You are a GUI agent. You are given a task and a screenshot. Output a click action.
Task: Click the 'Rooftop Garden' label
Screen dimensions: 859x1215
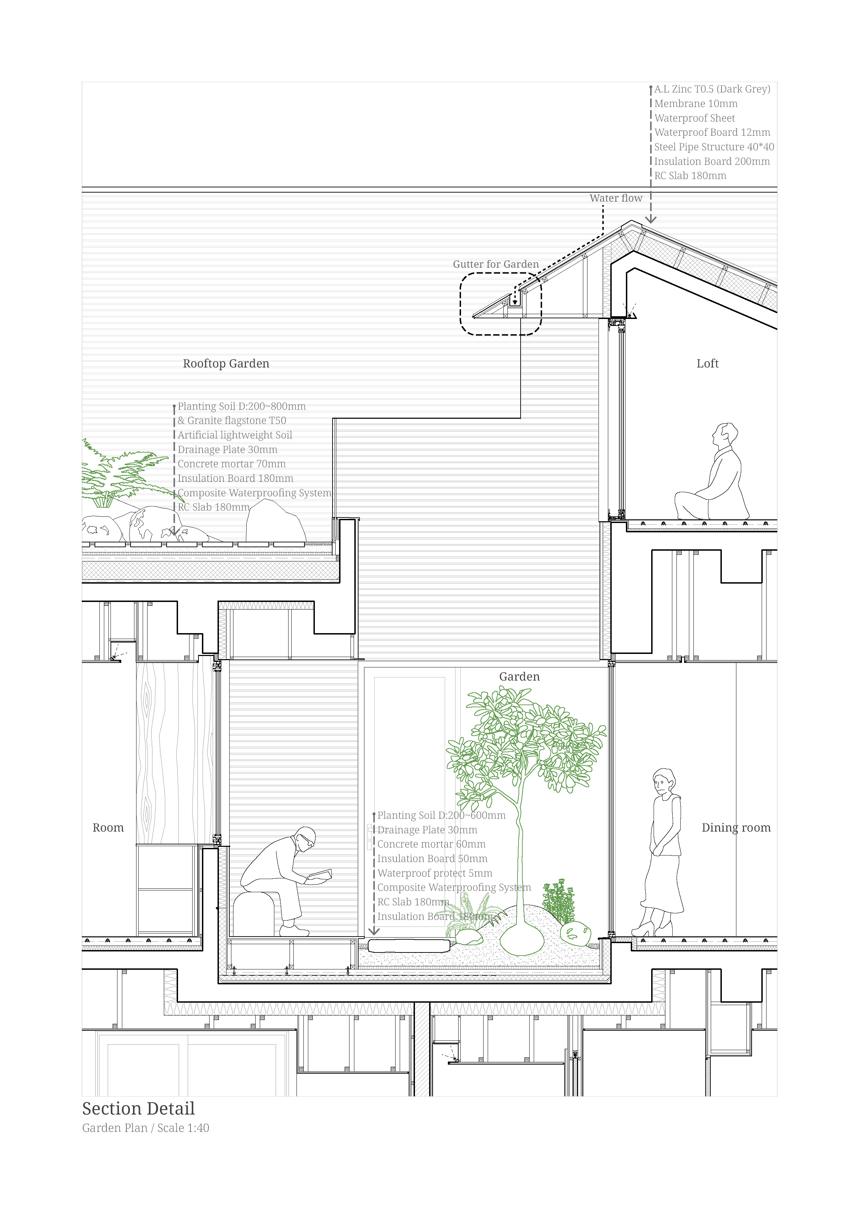[226, 364]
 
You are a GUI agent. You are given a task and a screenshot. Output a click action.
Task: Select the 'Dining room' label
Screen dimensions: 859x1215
[736, 828]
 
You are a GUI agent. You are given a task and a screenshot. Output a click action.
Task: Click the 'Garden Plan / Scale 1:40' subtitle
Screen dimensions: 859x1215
[145, 1128]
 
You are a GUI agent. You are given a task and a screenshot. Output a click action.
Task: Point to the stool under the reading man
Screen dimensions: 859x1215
[255, 912]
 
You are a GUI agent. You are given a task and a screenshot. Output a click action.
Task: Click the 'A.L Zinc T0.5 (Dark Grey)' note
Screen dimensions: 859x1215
[712, 89]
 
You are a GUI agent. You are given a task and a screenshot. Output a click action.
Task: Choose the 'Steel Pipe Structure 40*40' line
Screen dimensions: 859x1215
[714, 147]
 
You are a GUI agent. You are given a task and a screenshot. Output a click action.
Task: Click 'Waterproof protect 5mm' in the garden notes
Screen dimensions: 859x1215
[435, 873]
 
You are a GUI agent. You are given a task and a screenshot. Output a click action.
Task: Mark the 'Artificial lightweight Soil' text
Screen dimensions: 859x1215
[234, 435]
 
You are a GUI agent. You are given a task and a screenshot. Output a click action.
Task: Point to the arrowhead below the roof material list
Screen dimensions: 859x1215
[650, 219]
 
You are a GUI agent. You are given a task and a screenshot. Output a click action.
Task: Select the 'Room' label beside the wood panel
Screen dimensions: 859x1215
[108, 828]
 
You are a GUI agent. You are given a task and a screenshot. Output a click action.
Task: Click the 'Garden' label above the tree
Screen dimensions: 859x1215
[519, 676]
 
